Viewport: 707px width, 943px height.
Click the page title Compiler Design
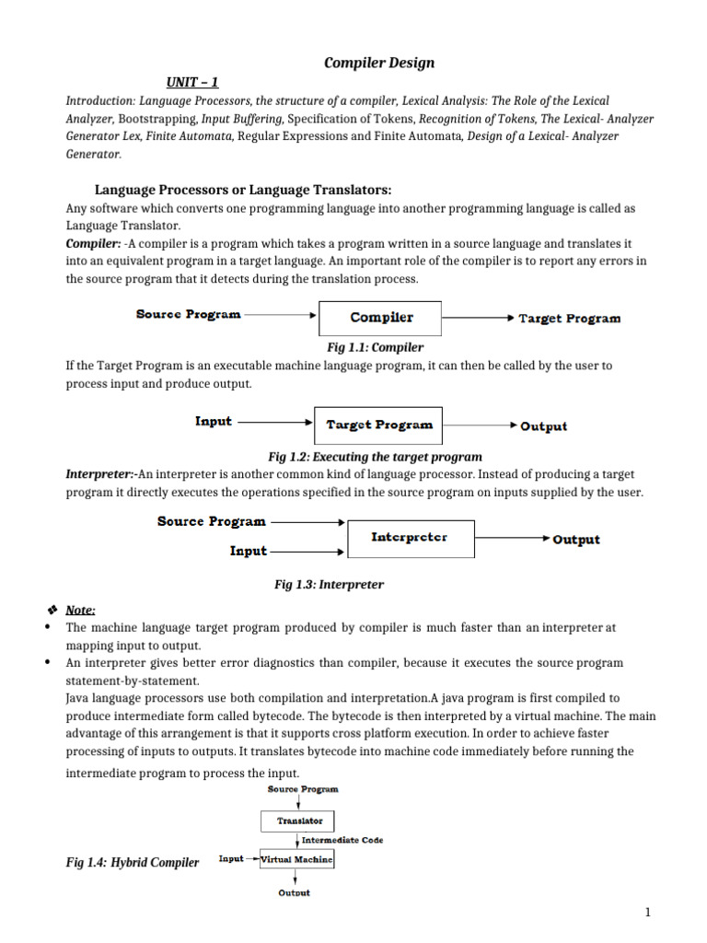click(x=379, y=63)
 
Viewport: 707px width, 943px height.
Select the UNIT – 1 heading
click(x=192, y=82)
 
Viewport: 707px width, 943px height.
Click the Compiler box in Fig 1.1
click(x=380, y=318)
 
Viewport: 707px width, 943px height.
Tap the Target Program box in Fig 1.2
click(x=378, y=425)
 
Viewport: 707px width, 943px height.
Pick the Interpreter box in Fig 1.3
click(x=410, y=537)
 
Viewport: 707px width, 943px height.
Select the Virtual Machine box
click(x=296, y=858)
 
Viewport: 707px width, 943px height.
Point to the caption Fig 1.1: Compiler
click(x=375, y=347)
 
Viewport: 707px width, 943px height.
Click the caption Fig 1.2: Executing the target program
click(x=375, y=457)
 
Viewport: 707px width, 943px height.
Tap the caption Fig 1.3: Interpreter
click(x=329, y=585)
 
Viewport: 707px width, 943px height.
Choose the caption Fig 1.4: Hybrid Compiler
click(x=132, y=863)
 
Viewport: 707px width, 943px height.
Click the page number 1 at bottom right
click(x=647, y=913)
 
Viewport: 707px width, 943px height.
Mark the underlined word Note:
click(x=80, y=610)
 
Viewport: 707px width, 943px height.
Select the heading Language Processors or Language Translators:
click(x=244, y=190)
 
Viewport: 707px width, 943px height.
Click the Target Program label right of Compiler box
click(x=569, y=319)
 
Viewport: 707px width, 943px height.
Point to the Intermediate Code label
click(x=342, y=840)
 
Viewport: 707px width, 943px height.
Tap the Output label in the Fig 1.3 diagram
click(x=575, y=540)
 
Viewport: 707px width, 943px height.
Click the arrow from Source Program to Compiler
click(x=280, y=314)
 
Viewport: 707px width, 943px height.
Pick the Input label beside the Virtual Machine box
click(x=231, y=858)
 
